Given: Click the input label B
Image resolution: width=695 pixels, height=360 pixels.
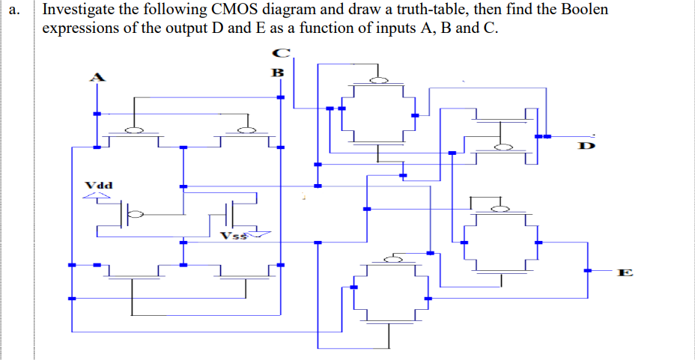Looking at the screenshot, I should pyautogui.click(x=277, y=73).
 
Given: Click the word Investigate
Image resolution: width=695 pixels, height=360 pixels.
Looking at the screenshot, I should pyautogui.click(x=79, y=10).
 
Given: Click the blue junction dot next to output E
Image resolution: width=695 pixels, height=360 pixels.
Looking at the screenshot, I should pyautogui.click(x=586, y=270).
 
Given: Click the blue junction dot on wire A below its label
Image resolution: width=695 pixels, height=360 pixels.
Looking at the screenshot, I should pyautogui.click(x=95, y=114).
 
